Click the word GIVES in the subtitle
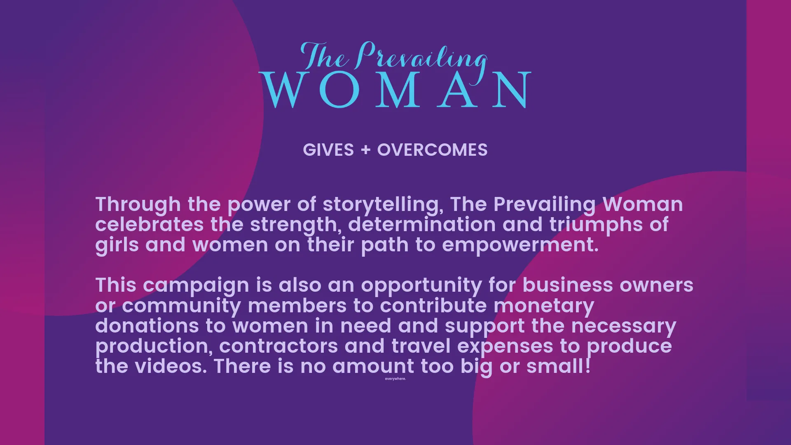[x=328, y=150]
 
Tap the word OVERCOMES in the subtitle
[x=433, y=150]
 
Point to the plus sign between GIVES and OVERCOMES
[x=365, y=150]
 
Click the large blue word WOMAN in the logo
[x=395, y=90]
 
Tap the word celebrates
[x=150, y=225]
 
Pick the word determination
[x=422, y=225]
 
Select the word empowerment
[x=520, y=246]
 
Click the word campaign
[x=196, y=286]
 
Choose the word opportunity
[x=421, y=286]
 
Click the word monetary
[x=544, y=306]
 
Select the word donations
[x=147, y=326]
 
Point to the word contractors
[x=278, y=346]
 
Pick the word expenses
[x=505, y=347]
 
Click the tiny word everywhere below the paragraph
[x=395, y=379]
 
